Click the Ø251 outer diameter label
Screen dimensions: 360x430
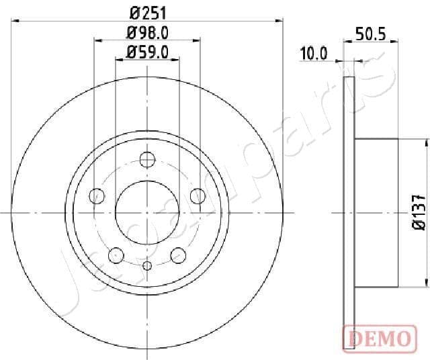(147, 11)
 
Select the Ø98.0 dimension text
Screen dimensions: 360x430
(147, 32)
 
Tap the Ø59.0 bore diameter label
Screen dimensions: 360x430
(147, 51)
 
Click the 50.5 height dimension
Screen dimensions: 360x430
(369, 32)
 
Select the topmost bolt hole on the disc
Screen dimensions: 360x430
(147, 160)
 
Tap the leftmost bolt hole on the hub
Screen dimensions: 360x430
(97, 196)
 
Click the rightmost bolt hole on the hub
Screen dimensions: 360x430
(198, 196)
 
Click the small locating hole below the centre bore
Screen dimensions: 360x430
(147, 265)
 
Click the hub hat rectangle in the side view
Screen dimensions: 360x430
(376, 211)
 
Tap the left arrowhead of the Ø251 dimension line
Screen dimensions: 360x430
(16, 21)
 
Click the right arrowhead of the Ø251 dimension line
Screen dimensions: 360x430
(279, 21)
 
